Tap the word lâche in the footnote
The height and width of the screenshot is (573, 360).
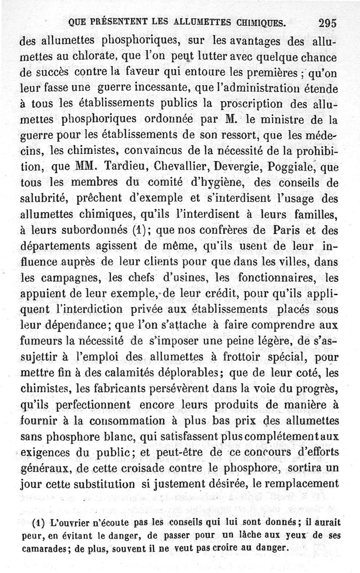click(251, 536)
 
